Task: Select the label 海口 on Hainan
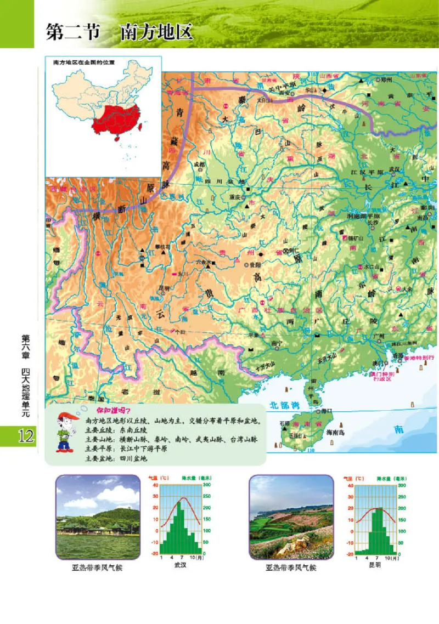click(327, 410)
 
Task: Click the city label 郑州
click(388, 80)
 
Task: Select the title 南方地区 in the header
click(156, 32)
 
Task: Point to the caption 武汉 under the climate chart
click(180, 565)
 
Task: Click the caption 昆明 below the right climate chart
click(374, 565)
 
